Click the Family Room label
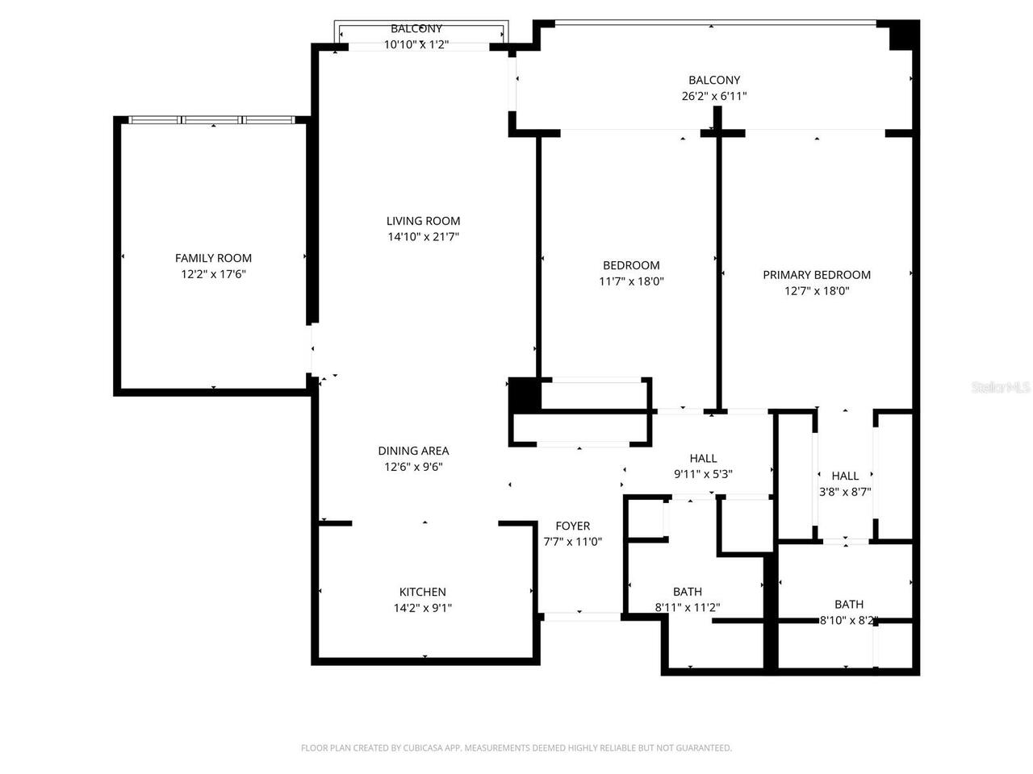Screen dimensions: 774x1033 pyautogui.click(x=213, y=258)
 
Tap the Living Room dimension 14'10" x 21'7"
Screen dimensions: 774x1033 pyautogui.click(x=423, y=237)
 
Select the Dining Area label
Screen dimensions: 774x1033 pyautogui.click(x=413, y=451)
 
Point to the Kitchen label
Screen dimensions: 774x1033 pyautogui.click(x=422, y=592)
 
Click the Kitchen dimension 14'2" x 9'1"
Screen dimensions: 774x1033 pyautogui.click(x=422, y=609)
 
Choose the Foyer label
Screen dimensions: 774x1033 pyautogui.click(x=572, y=526)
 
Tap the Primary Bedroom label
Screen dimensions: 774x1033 pyautogui.click(x=817, y=275)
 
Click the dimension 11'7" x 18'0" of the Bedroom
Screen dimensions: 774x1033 pyautogui.click(x=631, y=281)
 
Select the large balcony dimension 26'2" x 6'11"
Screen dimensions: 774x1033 pyautogui.click(x=714, y=96)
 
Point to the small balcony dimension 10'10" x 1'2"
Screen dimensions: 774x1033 pyautogui.click(x=416, y=45)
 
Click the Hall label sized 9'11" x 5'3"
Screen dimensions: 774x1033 pyautogui.click(x=703, y=458)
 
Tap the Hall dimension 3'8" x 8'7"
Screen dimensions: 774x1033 pyautogui.click(x=845, y=491)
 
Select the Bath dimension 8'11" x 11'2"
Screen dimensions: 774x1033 pyautogui.click(x=687, y=608)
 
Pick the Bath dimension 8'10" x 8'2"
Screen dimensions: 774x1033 pyautogui.click(x=848, y=621)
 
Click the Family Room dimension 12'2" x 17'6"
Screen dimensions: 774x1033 pyautogui.click(x=213, y=274)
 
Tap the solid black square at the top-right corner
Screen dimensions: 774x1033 pyautogui.click(x=903, y=35)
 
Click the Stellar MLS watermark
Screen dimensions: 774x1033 pyautogui.click(x=1001, y=388)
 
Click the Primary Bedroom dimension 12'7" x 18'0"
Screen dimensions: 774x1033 pyautogui.click(x=817, y=291)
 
